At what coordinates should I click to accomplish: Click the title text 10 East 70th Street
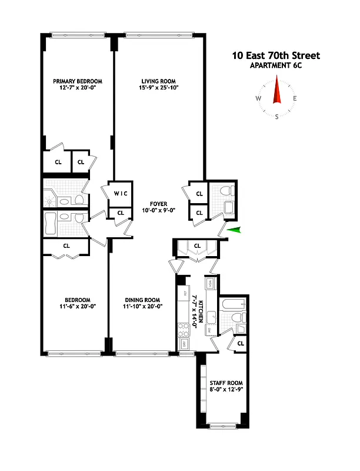276,55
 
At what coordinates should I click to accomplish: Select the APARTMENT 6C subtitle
276,65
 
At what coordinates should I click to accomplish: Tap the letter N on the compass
276,82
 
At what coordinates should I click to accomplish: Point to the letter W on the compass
258,99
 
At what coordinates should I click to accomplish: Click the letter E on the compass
295,99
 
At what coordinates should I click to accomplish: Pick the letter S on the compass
276,117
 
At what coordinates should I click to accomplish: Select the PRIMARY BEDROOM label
78,81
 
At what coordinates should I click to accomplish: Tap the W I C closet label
120,194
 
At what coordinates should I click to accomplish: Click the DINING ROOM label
142,300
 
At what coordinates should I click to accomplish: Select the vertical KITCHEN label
201,311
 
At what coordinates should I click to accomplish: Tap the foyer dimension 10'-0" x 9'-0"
153,211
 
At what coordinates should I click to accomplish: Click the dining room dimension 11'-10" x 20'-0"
142,306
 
